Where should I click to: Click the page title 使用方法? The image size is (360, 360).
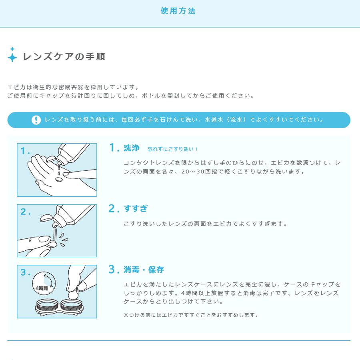click(x=178, y=11)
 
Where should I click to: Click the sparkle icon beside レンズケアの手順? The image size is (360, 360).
click(x=12, y=56)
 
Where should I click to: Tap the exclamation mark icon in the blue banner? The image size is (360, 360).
click(x=36, y=120)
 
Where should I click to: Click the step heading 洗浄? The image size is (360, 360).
click(x=132, y=148)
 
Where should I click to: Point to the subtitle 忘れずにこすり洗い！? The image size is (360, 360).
click(x=173, y=149)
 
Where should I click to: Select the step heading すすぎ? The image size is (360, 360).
click(x=136, y=208)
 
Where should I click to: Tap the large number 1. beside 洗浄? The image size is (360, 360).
click(x=114, y=148)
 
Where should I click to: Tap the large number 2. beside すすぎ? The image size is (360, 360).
click(x=114, y=208)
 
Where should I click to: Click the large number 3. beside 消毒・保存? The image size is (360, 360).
click(x=114, y=269)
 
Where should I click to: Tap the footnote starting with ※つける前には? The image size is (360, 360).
click(x=190, y=315)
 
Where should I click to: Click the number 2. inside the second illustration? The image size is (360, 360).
click(x=26, y=212)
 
